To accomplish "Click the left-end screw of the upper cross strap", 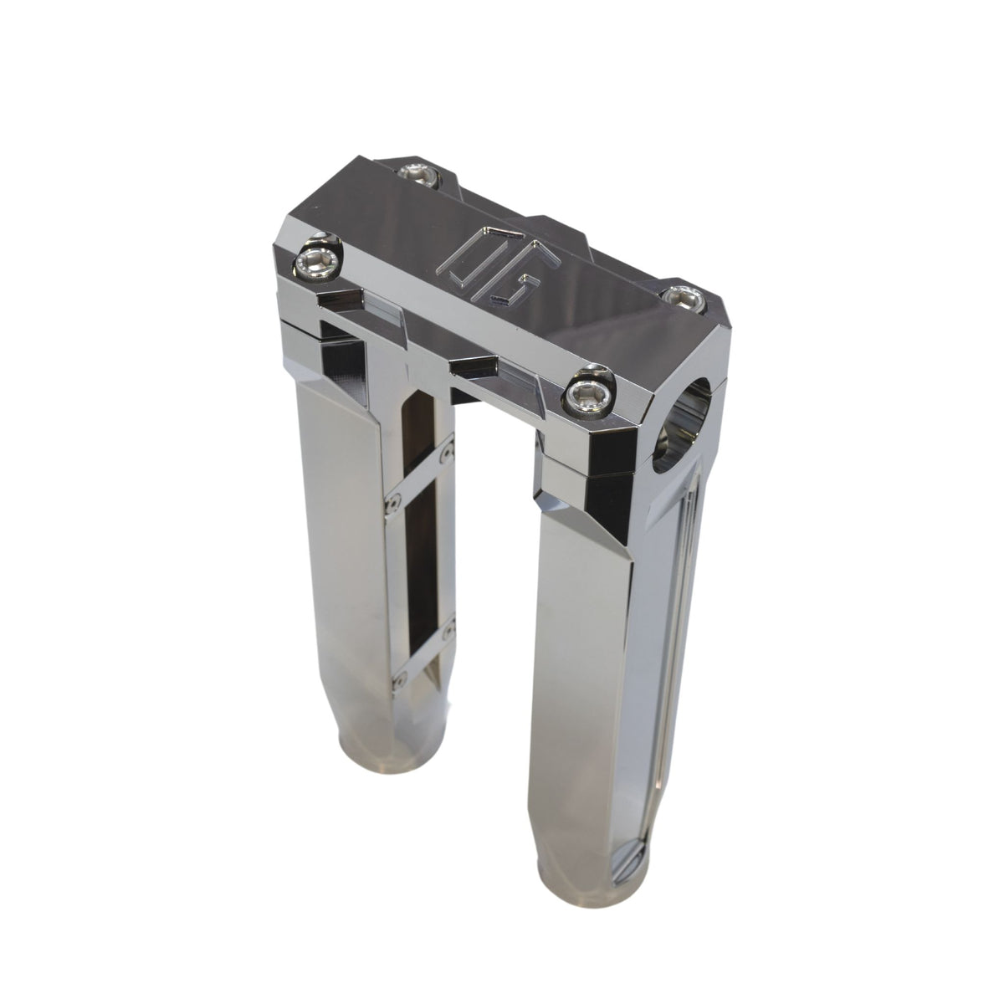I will (389, 504).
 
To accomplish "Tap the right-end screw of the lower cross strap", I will (453, 624).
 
